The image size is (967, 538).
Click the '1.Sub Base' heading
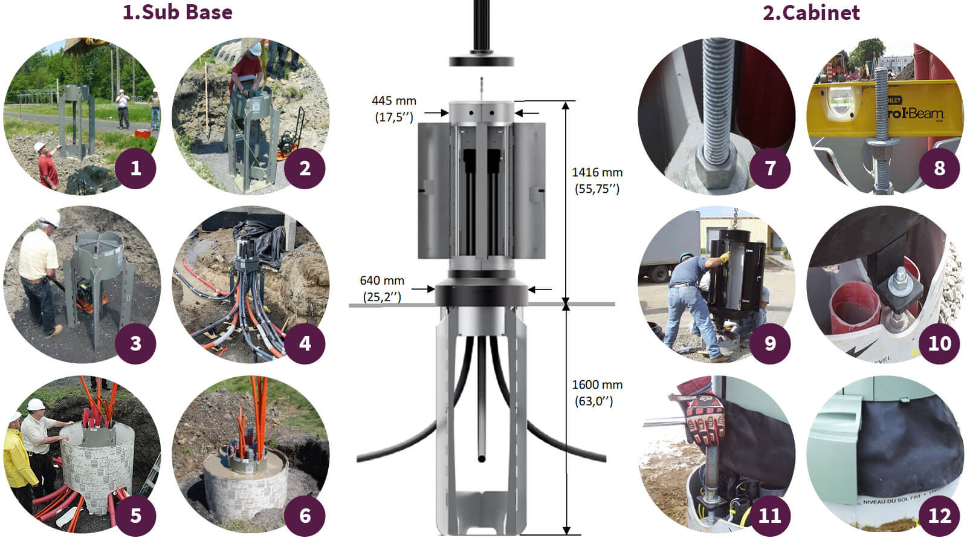click(177, 12)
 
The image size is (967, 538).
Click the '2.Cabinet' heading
click(810, 12)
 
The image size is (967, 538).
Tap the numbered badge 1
click(135, 168)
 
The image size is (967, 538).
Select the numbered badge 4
click(305, 343)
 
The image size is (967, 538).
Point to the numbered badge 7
click(770, 168)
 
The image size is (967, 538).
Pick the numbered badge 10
click(939, 343)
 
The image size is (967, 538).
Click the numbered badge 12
click(939, 516)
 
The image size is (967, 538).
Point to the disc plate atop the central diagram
click(482, 60)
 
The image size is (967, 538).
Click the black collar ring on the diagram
click(482, 295)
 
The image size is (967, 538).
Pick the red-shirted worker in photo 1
click(48, 169)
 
